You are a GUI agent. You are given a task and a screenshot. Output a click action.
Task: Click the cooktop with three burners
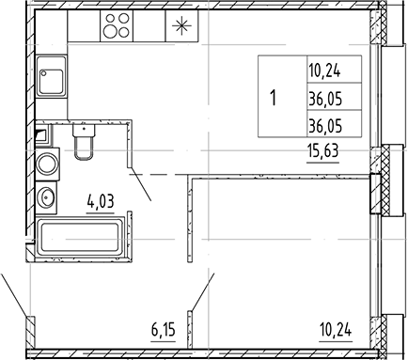point(118,27)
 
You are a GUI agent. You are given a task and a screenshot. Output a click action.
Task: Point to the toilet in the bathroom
point(82,143)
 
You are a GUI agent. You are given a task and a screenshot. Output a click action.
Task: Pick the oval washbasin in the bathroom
point(47,197)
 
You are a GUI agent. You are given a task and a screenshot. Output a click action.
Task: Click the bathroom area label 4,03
point(101,199)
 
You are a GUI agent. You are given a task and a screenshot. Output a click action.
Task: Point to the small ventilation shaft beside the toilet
point(39,134)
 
